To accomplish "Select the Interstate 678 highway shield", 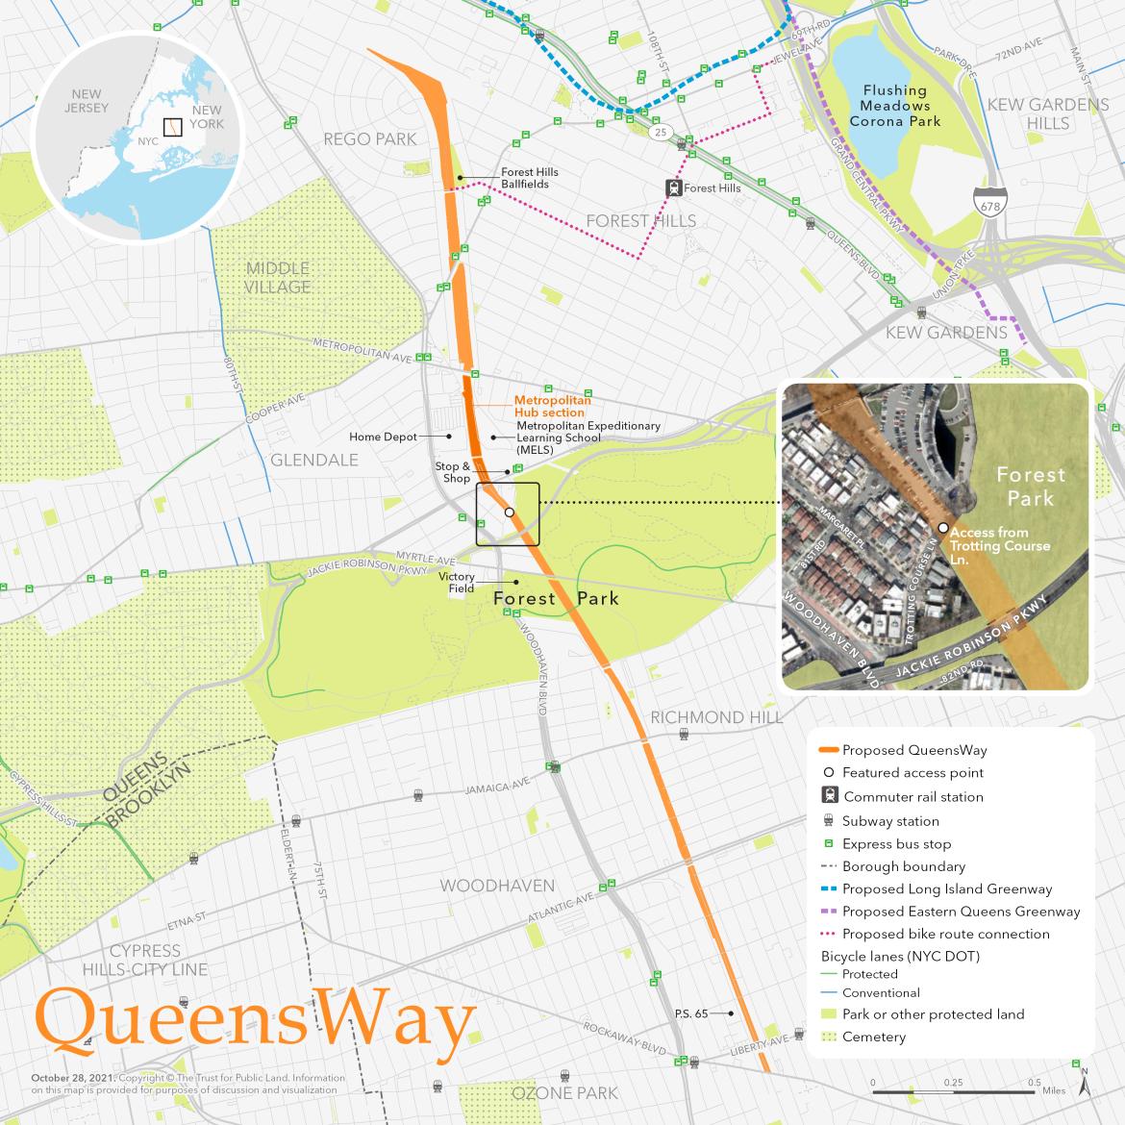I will [x=986, y=203].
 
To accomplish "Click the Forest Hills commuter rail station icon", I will [x=675, y=188].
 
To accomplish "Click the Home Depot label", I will [x=383, y=437].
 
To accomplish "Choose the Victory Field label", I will [x=457, y=583].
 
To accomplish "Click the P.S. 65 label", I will [x=691, y=1013].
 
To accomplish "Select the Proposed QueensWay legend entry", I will [x=913, y=750].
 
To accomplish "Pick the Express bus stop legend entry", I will [x=896, y=843].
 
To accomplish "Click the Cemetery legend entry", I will [x=873, y=1037].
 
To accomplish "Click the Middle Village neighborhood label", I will [x=277, y=277].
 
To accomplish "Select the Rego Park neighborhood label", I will [x=370, y=139].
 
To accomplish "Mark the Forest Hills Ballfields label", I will [x=530, y=178].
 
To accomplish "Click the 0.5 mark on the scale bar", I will [x=1035, y=1082].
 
